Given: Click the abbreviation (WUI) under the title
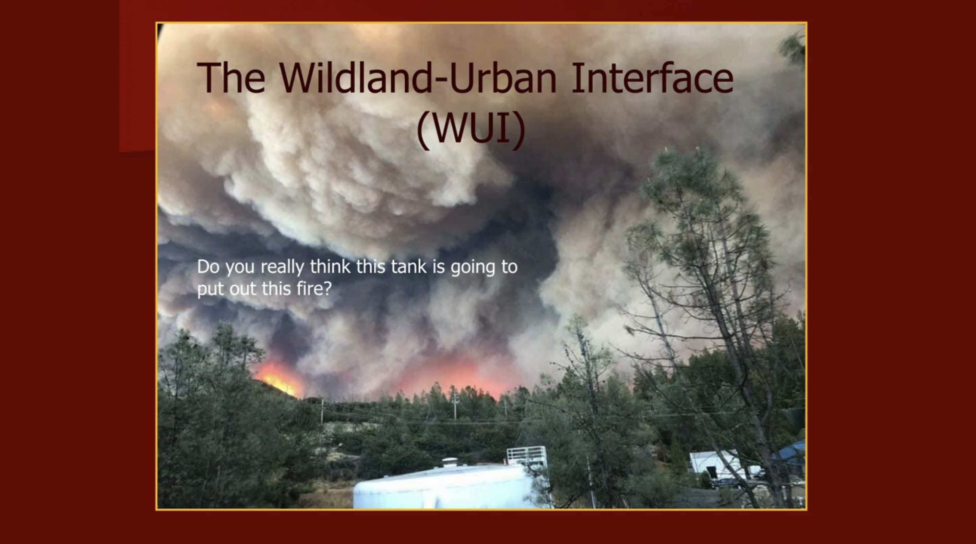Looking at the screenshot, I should pyautogui.click(x=471, y=129).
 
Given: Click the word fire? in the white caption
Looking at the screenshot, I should pyautogui.click(x=313, y=289).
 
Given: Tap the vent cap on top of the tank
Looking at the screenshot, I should pyautogui.click(x=450, y=462).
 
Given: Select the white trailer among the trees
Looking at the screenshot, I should pyautogui.click(x=712, y=464).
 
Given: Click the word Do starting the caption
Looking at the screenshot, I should pyautogui.click(x=209, y=267).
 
